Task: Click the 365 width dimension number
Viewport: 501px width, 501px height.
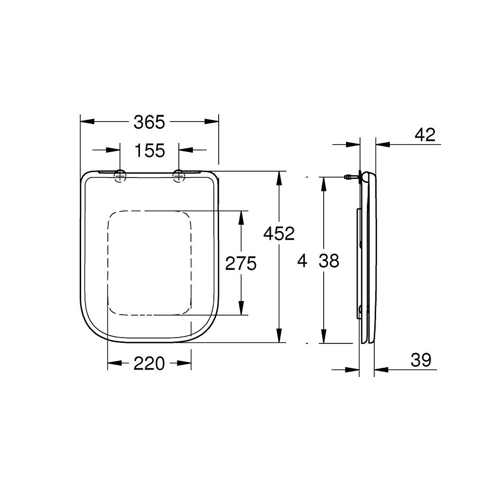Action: click(x=149, y=122)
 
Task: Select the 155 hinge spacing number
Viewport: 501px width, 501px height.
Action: click(x=149, y=151)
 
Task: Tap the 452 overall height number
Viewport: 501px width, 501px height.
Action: click(x=279, y=234)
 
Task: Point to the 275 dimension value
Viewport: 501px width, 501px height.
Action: click(x=241, y=264)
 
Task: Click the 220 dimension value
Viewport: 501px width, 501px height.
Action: click(x=149, y=363)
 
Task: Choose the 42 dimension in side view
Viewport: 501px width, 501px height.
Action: click(x=425, y=135)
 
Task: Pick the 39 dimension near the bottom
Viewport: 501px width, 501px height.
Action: click(x=420, y=360)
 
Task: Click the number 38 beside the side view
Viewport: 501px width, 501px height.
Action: click(x=329, y=261)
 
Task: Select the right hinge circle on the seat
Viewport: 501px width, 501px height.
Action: click(x=179, y=176)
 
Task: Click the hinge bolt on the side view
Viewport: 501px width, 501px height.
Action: click(x=348, y=177)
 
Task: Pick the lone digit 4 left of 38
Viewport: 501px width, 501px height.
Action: click(x=302, y=261)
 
